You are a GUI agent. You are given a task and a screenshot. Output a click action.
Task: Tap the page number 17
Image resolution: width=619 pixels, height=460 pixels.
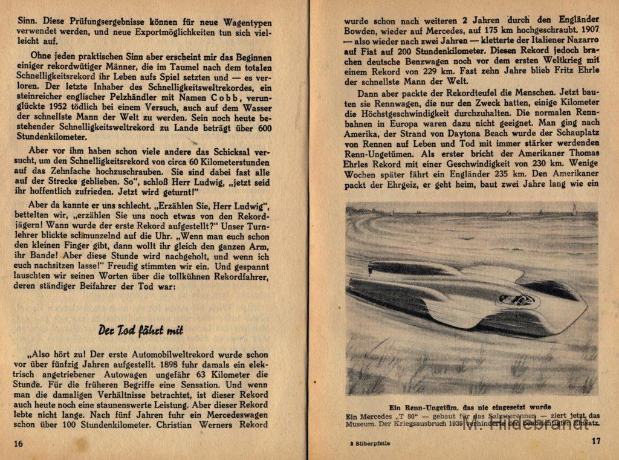click(596, 441)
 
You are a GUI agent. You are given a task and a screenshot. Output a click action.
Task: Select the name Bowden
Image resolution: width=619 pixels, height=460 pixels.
click(361, 28)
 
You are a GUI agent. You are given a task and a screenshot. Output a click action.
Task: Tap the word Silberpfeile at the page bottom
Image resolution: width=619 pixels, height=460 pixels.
click(368, 443)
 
